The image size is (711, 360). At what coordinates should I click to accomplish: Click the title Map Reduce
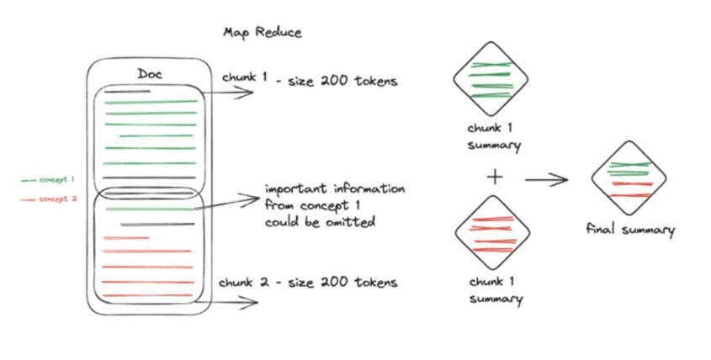262,32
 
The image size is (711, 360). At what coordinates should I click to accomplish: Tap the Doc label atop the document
150,74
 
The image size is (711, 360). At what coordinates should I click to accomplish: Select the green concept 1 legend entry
51,180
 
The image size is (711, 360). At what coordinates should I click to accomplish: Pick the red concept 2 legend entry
51,200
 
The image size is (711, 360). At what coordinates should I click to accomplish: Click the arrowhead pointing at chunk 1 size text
249,93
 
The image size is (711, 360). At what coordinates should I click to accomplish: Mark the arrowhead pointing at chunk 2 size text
249,298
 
